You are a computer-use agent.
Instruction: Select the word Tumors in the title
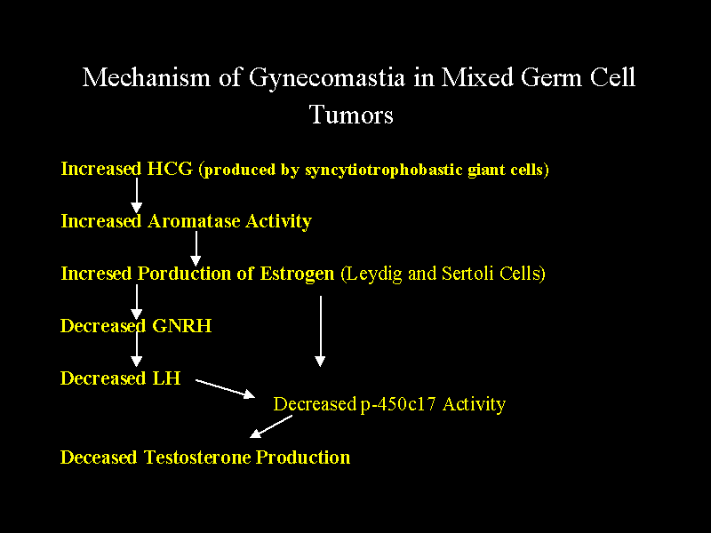click(x=351, y=115)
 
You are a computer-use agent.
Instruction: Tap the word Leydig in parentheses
click(x=373, y=274)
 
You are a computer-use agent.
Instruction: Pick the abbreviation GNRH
click(x=182, y=326)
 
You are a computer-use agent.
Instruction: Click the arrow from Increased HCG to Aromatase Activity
click(x=137, y=195)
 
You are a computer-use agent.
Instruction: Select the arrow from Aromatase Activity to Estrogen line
click(x=196, y=248)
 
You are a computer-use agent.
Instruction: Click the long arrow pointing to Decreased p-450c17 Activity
click(x=320, y=330)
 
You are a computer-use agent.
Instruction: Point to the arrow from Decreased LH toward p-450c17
click(x=225, y=388)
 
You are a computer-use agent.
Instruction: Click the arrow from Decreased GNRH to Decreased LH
click(x=137, y=349)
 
